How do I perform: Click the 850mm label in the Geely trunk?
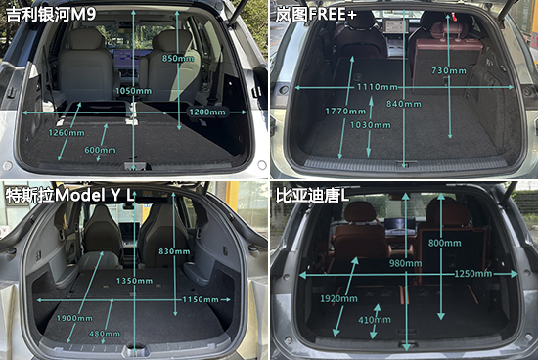[x=178, y=59]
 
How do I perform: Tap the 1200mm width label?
[x=207, y=112]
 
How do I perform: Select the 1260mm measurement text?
[x=67, y=133]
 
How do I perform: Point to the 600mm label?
[x=100, y=150]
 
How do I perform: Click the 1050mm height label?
[x=133, y=91]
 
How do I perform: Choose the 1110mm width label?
[x=377, y=87]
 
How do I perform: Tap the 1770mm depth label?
[x=345, y=112]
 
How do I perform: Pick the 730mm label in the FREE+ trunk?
[x=449, y=71]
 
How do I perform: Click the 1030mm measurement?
[x=370, y=125]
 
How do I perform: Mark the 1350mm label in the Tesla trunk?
[x=134, y=281]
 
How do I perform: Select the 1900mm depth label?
[x=74, y=318]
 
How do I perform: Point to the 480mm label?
[x=105, y=334]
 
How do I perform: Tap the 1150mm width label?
[x=201, y=300]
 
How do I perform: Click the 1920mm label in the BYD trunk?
[x=338, y=299]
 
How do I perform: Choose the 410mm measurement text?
[x=375, y=320]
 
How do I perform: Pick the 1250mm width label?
[x=473, y=274]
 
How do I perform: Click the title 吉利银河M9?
[x=51, y=15]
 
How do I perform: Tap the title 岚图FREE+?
[x=316, y=15]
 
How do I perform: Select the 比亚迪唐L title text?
[x=312, y=196]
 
